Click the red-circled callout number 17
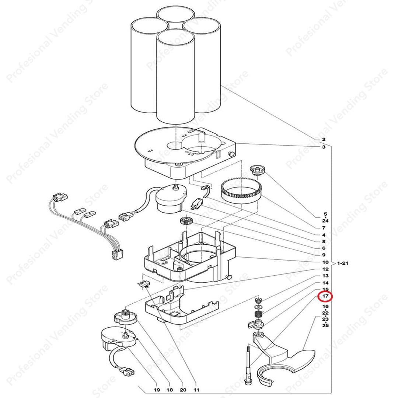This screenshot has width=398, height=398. tap(325, 296)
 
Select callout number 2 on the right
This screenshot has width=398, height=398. tap(324, 140)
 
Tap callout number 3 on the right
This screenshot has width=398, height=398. tap(324, 147)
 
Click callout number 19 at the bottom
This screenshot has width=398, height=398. tap(156, 390)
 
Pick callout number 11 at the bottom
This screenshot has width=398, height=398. tap(196, 390)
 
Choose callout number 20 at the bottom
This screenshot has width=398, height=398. tap(183, 390)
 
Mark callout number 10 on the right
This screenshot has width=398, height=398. tap(325, 262)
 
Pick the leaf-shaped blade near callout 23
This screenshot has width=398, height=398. tap(300, 359)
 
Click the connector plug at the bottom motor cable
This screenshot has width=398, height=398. tap(129, 371)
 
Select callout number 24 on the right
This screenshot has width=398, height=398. tap(325, 221)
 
